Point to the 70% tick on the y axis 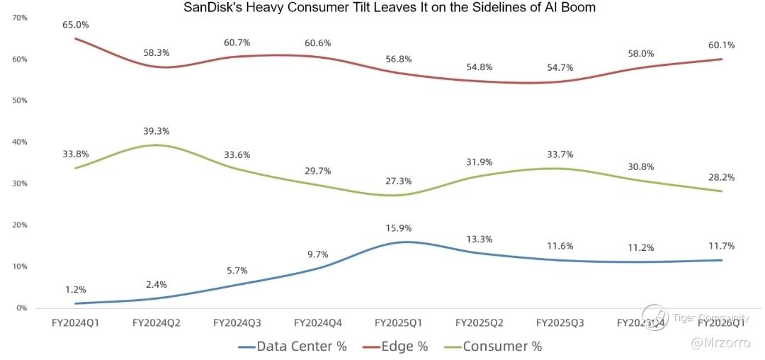click(20, 17)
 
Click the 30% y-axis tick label click(20, 184)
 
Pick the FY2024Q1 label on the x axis click(75, 323)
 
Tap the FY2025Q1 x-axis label click(398, 323)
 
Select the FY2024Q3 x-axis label click(237, 323)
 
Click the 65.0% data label click(76, 25)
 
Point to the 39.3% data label click(156, 131)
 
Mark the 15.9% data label click(398, 228)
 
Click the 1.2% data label click(75, 289)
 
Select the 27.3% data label click(398, 181)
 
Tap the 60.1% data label click(721, 45)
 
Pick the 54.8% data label click(479, 68)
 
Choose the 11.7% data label click(721, 246)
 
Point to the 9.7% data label click(317, 254)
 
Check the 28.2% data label click(721, 177)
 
